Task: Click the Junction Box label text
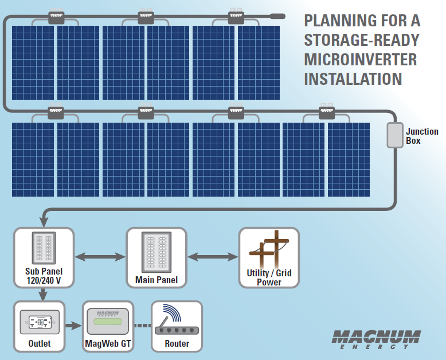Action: click(x=422, y=136)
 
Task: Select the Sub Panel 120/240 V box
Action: click(x=44, y=257)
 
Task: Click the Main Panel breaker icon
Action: click(x=157, y=251)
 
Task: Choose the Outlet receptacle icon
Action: click(x=40, y=322)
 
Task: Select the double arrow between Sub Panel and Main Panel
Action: click(x=100, y=257)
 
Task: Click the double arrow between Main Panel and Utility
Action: click(x=213, y=257)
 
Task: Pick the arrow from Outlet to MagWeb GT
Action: click(x=73, y=326)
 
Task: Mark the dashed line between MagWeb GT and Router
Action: click(x=142, y=326)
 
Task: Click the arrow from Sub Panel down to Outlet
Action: click(x=42, y=294)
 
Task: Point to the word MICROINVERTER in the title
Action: click(x=361, y=59)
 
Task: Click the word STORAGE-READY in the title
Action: click(x=362, y=40)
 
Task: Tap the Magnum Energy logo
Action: click(x=376, y=339)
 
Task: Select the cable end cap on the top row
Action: click(x=277, y=17)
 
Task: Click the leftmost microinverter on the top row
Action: click(x=56, y=17)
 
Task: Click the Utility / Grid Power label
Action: click(x=269, y=277)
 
